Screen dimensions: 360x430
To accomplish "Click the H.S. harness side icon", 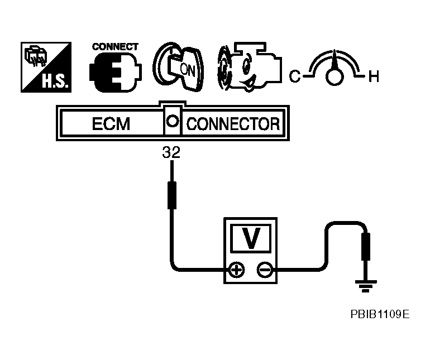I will pos(46,68).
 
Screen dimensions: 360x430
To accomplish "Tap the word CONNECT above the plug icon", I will pos(115,47).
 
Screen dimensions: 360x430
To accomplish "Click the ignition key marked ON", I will pos(179,68).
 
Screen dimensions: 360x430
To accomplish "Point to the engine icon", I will pos(246,68).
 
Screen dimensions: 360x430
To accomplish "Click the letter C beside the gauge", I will pos(294,76).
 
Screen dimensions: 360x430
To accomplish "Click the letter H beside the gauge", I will pos(373,76).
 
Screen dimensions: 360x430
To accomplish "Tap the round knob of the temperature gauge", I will pos(334,78).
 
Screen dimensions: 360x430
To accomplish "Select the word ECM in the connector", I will pos(111,123).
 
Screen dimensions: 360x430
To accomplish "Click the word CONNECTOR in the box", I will pos(233,123).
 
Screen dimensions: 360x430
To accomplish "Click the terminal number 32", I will pos(171,152).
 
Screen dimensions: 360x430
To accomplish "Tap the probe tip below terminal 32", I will pos(172,193).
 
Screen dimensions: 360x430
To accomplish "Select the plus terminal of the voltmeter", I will pos(237,271).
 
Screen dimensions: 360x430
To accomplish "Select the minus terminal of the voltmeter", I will pos(265,271).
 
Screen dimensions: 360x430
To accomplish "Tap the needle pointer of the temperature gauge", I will pos(334,60).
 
